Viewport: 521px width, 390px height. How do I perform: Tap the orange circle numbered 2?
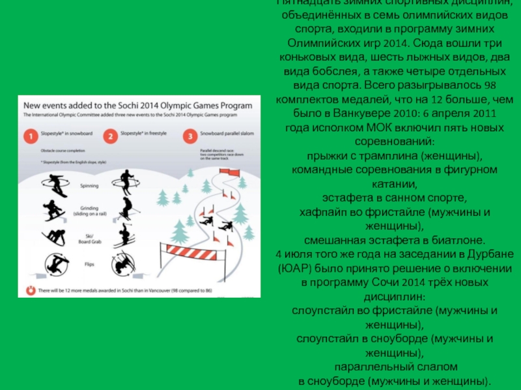[x=111, y=137]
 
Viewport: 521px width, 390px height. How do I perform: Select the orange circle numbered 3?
[x=190, y=137]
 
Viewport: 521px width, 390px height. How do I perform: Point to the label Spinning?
[x=89, y=186]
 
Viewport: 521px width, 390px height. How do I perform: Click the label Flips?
[x=89, y=265]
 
